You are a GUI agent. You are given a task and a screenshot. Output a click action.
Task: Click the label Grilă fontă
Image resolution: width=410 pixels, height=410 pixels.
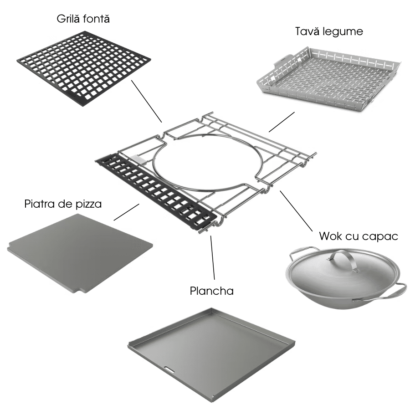click(83, 19)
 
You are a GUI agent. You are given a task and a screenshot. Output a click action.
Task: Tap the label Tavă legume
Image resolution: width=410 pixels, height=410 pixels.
click(329, 31)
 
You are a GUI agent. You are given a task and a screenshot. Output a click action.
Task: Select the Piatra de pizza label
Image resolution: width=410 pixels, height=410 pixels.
click(63, 204)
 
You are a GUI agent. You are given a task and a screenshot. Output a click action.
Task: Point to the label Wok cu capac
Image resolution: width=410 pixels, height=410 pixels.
click(359, 236)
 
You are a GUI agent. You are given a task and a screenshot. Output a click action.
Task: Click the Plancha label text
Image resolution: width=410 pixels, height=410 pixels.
click(211, 291)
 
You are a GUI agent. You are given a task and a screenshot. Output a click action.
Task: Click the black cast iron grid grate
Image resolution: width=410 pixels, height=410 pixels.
click(84, 68)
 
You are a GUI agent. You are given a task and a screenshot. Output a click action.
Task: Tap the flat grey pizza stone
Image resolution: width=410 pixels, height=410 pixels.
click(80, 254)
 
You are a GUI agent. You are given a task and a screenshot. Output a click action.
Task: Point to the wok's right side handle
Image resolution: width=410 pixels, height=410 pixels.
click(399, 290)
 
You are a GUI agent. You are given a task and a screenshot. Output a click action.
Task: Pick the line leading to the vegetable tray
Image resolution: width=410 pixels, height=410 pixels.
click(282, 122)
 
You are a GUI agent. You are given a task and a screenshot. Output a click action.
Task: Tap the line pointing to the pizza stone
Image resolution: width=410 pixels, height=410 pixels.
click(126, 212)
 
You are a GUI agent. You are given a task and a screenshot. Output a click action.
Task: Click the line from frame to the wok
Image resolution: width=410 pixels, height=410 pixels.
click(296, 211)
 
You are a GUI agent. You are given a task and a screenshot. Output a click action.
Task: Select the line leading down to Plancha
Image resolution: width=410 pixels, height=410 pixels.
click(213, 257)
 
